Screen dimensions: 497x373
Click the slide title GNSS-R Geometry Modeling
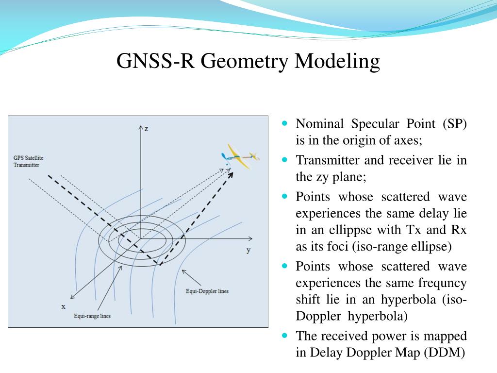click(248, 62)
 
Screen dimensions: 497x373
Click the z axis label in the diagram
click(146, 128)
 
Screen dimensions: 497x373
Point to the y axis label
click(248, 250)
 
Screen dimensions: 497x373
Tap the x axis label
click(63, 306)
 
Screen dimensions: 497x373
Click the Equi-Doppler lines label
click(207, 291)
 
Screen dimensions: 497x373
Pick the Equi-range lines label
click(92, 316)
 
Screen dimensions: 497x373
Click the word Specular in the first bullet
click(372, 124)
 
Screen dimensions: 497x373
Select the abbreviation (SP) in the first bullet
click(454, 124)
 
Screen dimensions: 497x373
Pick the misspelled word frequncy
click(440, 283)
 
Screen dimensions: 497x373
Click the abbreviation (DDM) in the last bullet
click(445, 353)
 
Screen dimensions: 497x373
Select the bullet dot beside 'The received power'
click(285, 336)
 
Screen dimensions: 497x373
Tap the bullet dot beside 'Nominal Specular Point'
click(285, 123)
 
